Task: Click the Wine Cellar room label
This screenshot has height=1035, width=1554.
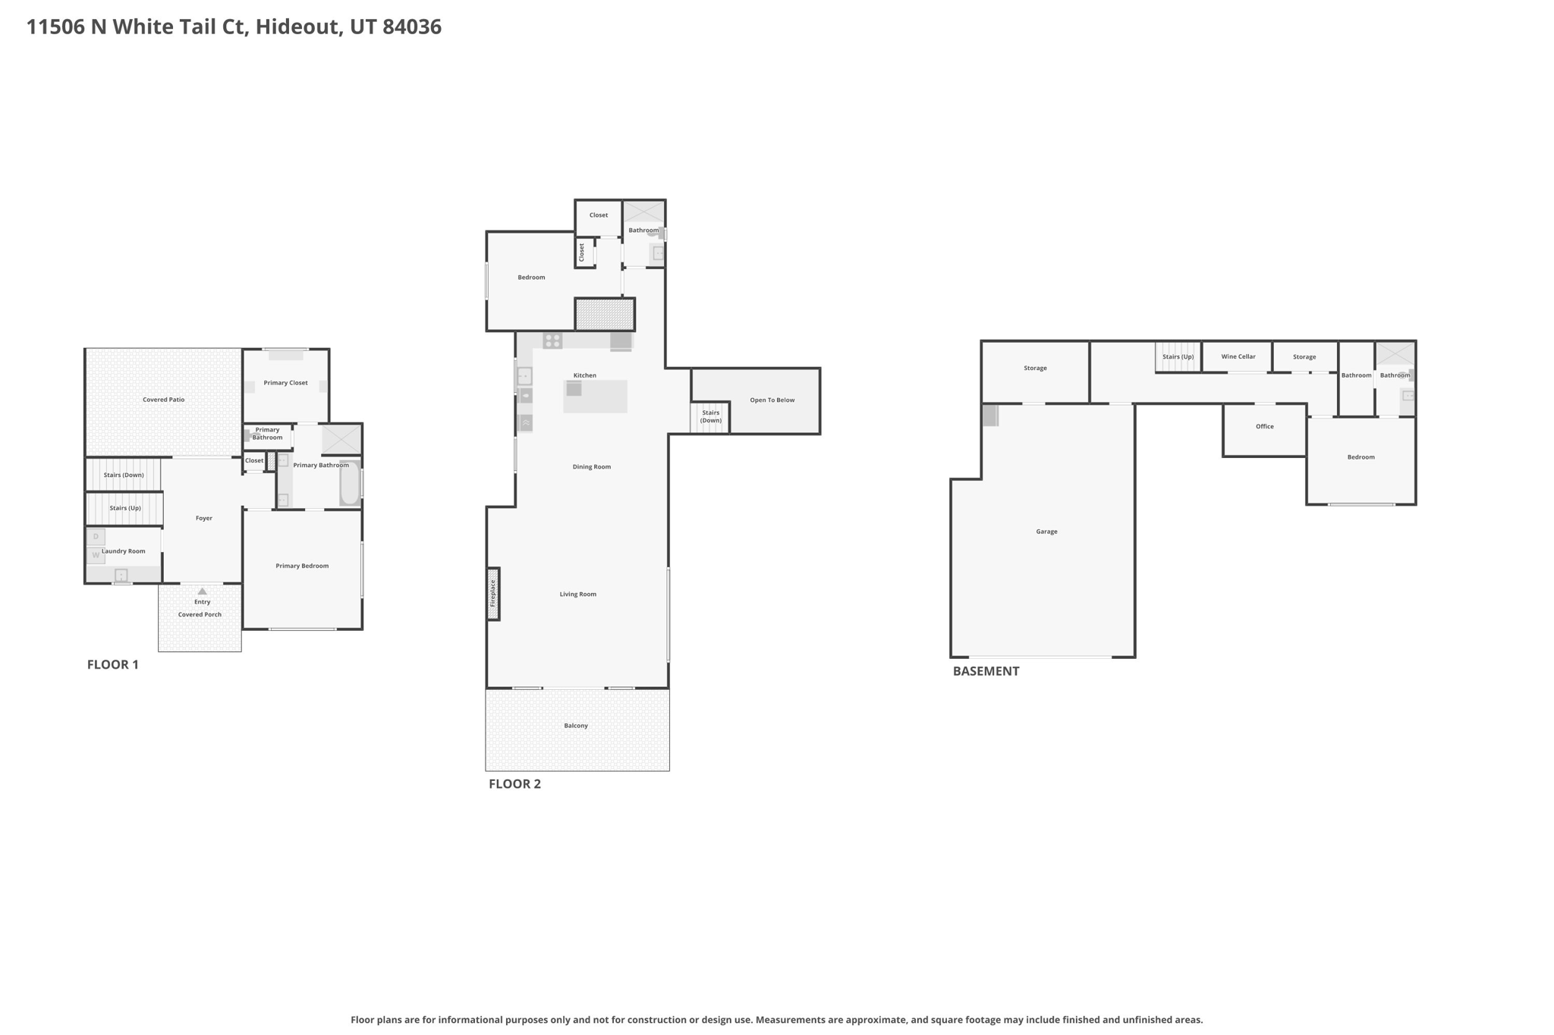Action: [1238, 356]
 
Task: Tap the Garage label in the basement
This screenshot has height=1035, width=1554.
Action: [1046, 532]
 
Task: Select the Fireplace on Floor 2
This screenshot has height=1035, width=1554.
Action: [492, 594]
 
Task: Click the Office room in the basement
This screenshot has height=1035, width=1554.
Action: [1264, 430]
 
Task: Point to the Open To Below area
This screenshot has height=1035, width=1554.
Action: [772, 400]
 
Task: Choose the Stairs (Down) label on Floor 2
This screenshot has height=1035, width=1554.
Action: [710, 416]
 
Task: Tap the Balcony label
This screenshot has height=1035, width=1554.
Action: [576, 726]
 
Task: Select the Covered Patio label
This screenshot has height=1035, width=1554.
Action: [164, 400]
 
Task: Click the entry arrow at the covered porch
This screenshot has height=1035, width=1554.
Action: [202, 591]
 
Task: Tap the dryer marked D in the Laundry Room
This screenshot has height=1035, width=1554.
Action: [96, 537]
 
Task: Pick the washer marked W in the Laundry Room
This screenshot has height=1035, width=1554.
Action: [96, 555]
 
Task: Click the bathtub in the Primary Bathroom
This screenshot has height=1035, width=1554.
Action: [350, 483]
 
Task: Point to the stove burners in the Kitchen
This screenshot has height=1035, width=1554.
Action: [552, 341]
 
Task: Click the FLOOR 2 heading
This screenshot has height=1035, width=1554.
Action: [514, 784]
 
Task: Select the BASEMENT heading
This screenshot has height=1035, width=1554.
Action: [986, 671]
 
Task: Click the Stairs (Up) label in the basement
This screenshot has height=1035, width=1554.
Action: [1178, 356]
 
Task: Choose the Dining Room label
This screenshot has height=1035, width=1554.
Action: [591, 467]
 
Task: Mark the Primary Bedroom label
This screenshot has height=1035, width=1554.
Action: [302, 566]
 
